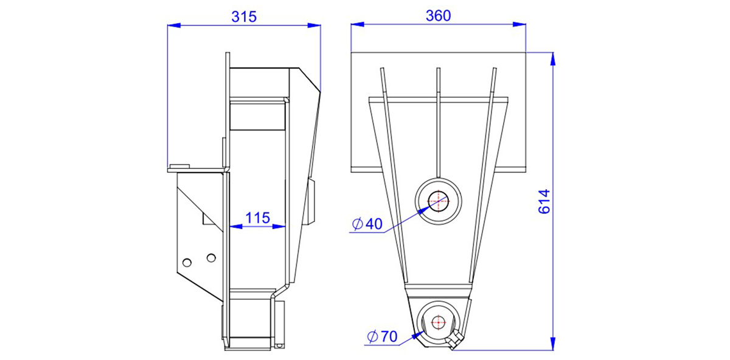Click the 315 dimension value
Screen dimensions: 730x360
pos(244,16)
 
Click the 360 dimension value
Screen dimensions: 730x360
pos(439,16)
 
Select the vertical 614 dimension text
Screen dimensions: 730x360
pos(544,202)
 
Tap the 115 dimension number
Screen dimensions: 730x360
pos(257,218)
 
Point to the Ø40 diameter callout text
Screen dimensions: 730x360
pos(367,224)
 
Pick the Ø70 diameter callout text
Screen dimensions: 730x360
pos(382,336)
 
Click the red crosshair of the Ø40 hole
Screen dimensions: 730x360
pos(439,201)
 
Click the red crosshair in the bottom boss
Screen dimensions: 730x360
pos(439,322)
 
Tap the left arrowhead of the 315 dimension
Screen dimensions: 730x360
pos(174,25)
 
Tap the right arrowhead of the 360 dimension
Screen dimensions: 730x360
pos(519,24)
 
